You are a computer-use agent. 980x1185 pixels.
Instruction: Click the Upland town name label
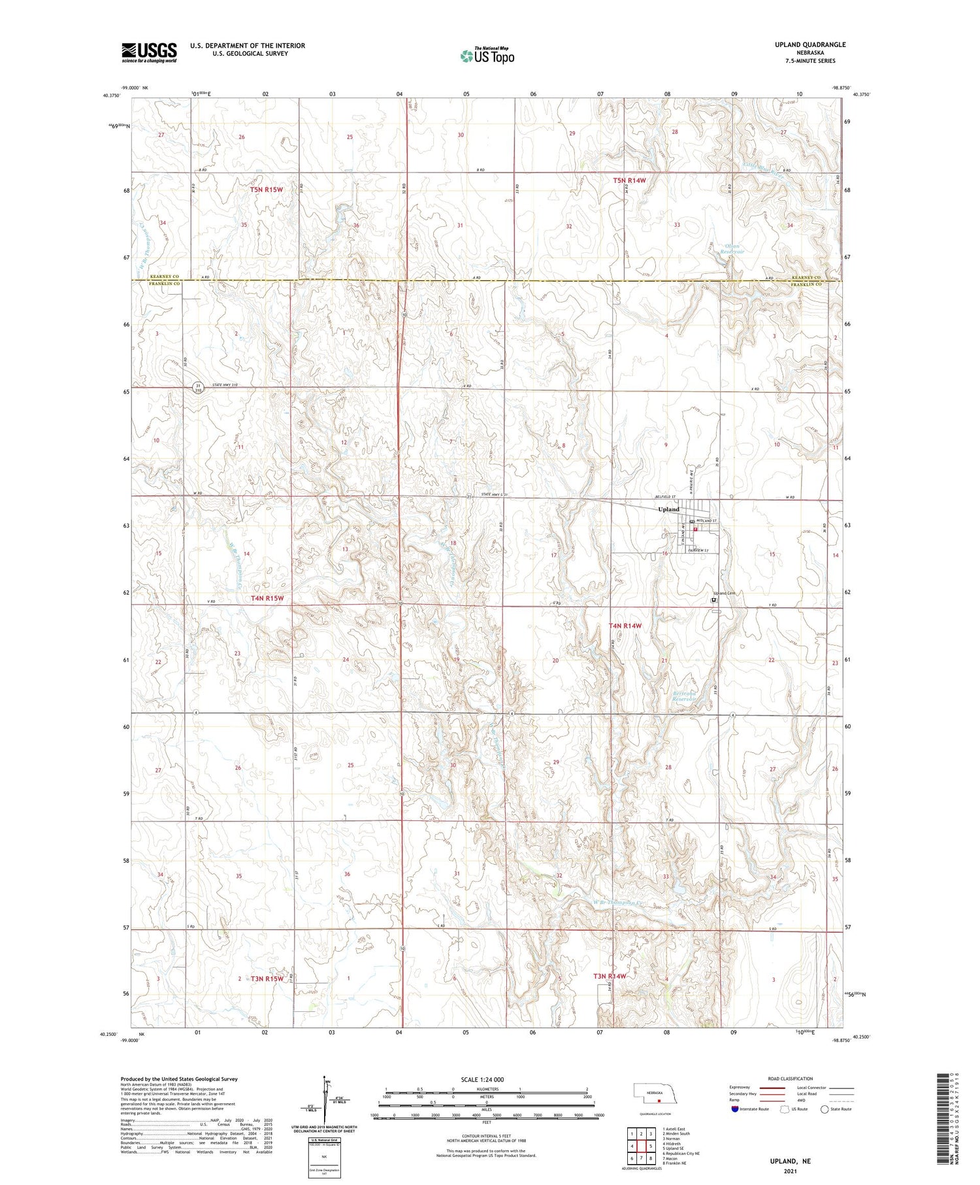click(668, 509)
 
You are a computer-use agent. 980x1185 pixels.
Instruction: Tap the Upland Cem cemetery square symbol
click(713, 599)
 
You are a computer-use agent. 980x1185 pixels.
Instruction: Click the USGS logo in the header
click(149, 52)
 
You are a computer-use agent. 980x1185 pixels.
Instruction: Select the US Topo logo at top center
click(487, 56)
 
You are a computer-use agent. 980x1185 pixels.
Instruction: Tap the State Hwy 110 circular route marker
click(197, 387)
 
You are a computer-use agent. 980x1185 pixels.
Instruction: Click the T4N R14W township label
click(625, 626)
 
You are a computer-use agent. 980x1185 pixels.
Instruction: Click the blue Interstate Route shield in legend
click(734, 1109)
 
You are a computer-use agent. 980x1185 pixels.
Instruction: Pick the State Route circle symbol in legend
click(825, 1109)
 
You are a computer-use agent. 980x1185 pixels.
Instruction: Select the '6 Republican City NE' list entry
click(681, 1154)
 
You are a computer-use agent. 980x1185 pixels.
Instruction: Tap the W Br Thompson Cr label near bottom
click(618, 903)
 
